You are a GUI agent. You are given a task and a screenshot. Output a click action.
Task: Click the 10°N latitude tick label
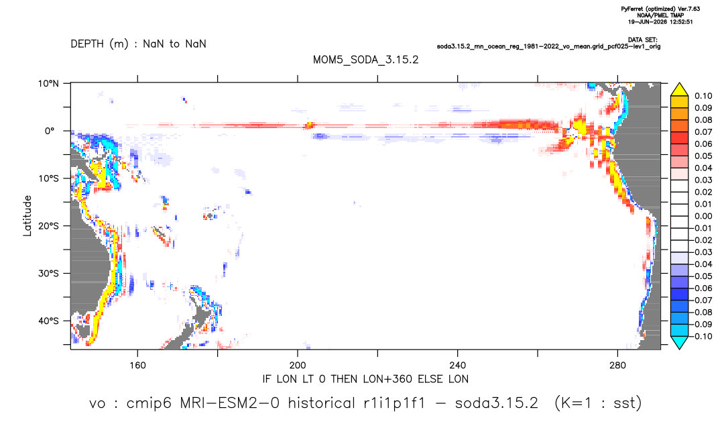tap(48, 84)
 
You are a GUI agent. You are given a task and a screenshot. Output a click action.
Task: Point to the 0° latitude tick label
tap(50, 131)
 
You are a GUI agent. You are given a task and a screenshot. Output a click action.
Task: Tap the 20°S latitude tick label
tap(48, 226)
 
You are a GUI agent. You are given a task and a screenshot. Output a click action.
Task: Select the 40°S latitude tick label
tap(48, 321)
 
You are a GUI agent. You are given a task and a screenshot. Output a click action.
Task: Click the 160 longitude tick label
tap(137, 366)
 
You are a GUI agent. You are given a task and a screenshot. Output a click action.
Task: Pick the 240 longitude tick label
tap(458, 366)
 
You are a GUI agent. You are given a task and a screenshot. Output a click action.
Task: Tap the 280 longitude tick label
tap(617, 366)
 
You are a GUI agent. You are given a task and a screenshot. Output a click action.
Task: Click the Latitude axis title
tap(27, 216)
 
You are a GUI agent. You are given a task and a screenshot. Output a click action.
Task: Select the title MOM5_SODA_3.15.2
tap(366, 60)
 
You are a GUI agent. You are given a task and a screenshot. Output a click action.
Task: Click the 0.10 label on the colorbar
tap(703, 96)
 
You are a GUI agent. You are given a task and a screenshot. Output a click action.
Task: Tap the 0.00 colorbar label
tap(703, 216)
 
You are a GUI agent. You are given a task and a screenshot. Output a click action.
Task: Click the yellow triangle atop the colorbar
tap(680, 90)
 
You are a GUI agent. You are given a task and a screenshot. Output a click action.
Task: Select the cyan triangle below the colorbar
tap(680, 342)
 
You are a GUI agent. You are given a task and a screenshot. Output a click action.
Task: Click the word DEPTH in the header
tap(87, 44)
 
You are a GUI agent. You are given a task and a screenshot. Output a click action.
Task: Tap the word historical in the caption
tap(321, 403)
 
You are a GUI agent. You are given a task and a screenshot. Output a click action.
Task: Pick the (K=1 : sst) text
tap(598, 403)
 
